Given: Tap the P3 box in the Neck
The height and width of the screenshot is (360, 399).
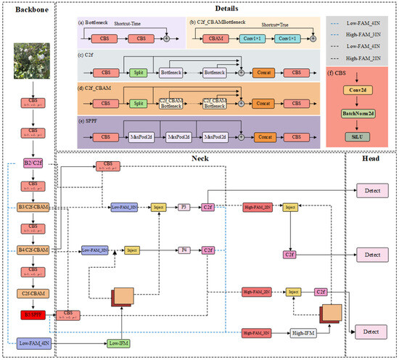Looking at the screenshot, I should pyautogui.click(x=184, y=207).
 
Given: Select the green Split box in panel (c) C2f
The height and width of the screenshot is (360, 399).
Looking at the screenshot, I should pyautogui.click(x=118, y=73).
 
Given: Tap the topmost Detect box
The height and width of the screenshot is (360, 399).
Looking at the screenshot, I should pyautogui.click(x=372, y=190).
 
